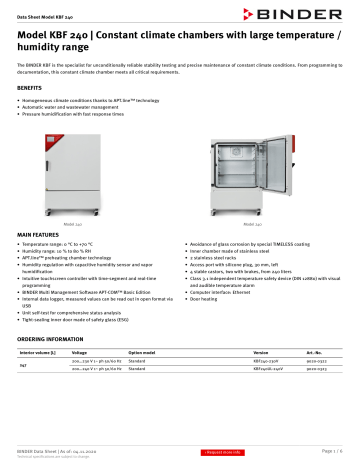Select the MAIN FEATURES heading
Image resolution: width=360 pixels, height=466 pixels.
pos(42,233)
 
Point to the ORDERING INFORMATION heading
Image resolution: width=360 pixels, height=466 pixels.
pos(57,339)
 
